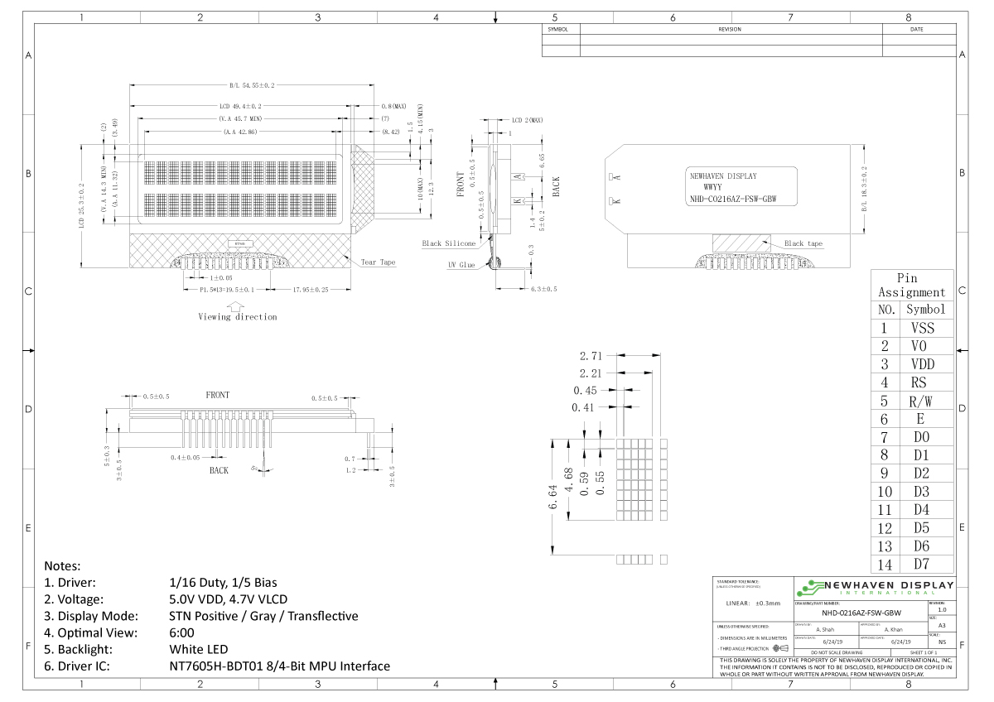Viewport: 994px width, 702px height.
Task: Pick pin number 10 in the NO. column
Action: [x=885, y=492]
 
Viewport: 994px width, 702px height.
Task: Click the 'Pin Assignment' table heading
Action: [x=911, y=285]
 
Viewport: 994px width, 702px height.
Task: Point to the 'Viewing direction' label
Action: [x=238, y=316]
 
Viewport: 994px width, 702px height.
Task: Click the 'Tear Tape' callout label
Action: [x=378, y=262]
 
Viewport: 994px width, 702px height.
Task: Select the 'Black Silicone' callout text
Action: [x=449, y=243]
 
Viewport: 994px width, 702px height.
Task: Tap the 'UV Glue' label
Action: [x=461, y=265]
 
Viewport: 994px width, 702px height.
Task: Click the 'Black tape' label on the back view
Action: [x=804, y=243]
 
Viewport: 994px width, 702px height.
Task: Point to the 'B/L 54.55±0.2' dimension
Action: [x=251, y=85]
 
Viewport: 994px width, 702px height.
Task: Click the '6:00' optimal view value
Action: [x=181, y=632]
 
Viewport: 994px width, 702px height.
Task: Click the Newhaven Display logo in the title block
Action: [x=874, y=589]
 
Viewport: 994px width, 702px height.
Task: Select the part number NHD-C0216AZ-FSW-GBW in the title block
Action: [x=861, y=614]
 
